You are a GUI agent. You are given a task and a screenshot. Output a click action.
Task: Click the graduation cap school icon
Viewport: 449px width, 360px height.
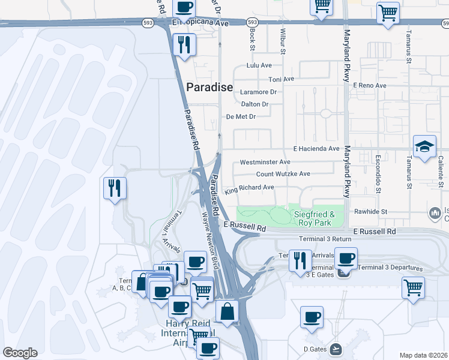point(424,146)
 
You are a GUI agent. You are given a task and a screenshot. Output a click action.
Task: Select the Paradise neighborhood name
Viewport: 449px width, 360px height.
point(209,87)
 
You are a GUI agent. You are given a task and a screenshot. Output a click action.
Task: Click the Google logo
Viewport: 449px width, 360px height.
point(20,353)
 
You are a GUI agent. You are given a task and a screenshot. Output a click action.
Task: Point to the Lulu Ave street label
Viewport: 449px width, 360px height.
point(259,65)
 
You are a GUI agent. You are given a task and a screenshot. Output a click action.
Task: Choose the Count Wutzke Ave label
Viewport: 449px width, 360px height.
point(283,174)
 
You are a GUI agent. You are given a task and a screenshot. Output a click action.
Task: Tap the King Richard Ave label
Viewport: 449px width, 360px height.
point(249,188)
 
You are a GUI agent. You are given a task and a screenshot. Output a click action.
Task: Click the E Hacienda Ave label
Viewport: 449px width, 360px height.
point(316,148)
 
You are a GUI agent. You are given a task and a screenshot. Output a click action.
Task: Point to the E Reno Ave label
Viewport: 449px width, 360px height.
point(369,85)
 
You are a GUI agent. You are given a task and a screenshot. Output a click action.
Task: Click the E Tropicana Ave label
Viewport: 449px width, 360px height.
point(201,23)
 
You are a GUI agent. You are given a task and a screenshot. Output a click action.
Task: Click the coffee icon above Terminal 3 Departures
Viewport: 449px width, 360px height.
point(345,258)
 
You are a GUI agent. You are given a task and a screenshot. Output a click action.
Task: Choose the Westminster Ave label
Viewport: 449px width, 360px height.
point(265,162)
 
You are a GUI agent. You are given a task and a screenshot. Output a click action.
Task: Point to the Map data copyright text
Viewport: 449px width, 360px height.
point(423,355)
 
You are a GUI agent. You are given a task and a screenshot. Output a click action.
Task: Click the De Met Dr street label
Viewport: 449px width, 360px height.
point(240,116)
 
